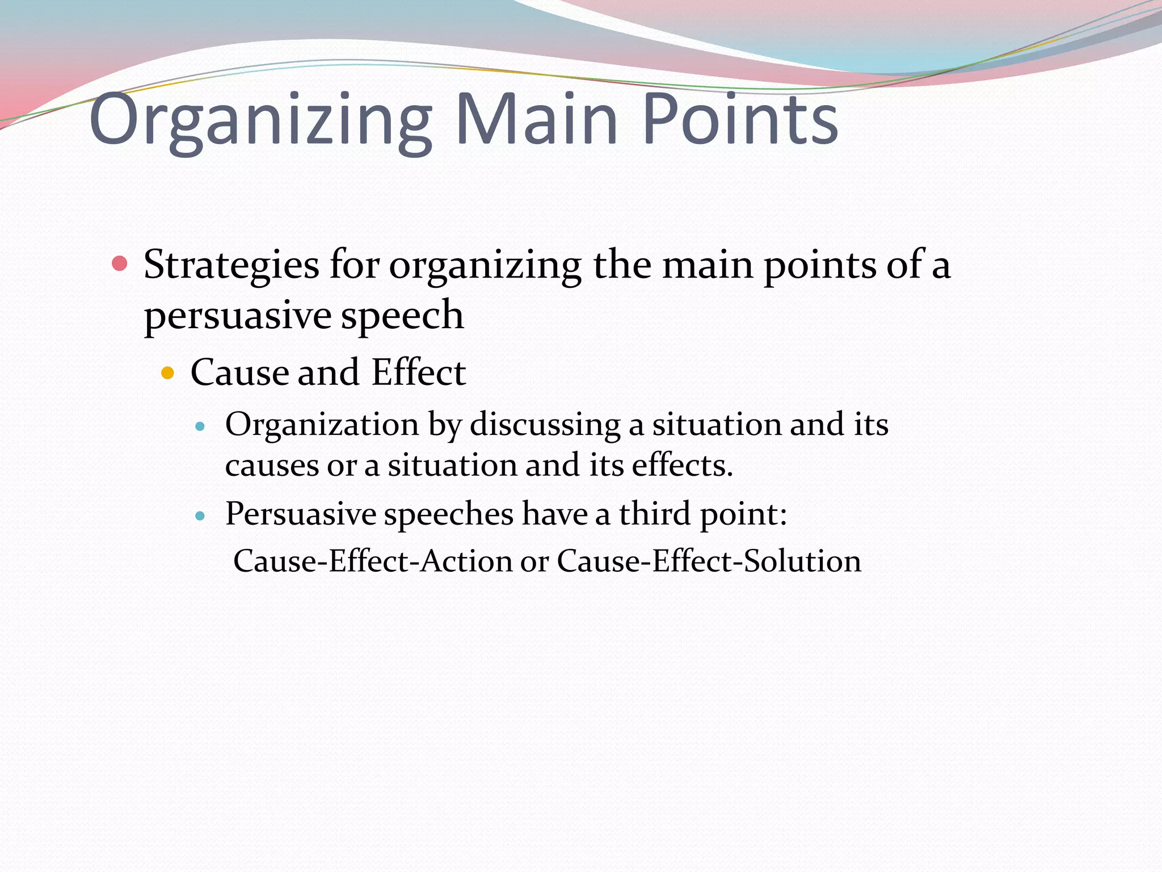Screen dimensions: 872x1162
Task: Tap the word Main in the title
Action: [536, 119]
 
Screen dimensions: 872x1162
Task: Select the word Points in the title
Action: [740, 119]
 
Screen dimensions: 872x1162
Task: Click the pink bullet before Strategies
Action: [120, 263]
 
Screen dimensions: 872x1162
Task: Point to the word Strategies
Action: [231, 266]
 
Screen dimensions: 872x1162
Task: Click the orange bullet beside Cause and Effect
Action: [167, 373]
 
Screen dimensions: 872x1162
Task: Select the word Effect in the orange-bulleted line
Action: [419, 372]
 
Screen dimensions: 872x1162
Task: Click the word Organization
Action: [322, 425]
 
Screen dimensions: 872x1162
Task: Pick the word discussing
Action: [545, 425]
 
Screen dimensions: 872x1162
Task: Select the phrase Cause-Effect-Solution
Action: [709, 561]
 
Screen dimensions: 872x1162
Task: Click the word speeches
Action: [449, 514]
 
